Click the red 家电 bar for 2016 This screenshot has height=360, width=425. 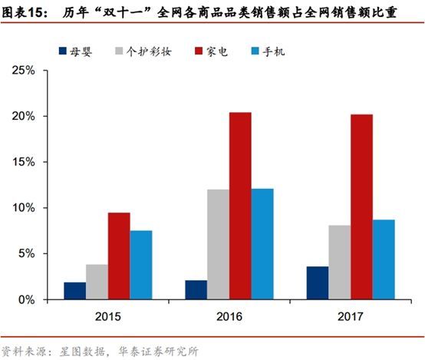point(240,206)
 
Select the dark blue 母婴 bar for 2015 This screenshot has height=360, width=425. point(74,291)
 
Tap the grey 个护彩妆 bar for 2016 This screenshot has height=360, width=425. point(218,244)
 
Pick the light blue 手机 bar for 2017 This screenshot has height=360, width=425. point(384,259)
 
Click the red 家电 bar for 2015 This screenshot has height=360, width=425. point(119,256)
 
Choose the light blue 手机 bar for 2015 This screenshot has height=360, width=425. point(141,265)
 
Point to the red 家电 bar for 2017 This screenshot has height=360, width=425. point(361,206)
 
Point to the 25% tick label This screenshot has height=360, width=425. point(25,71)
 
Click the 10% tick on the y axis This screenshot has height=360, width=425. point(25,208)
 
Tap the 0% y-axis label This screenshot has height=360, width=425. point(28,299)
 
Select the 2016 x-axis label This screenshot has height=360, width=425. point(229,315)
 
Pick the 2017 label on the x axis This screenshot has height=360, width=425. point(351,315)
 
